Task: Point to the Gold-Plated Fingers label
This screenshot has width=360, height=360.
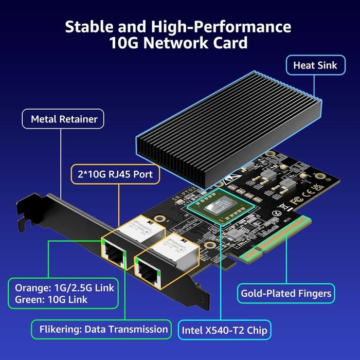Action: [x=286, y=294]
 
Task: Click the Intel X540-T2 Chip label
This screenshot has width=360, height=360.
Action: [x=224, y=330]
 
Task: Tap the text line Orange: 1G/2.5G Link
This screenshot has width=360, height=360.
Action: [x=64, y=287]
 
